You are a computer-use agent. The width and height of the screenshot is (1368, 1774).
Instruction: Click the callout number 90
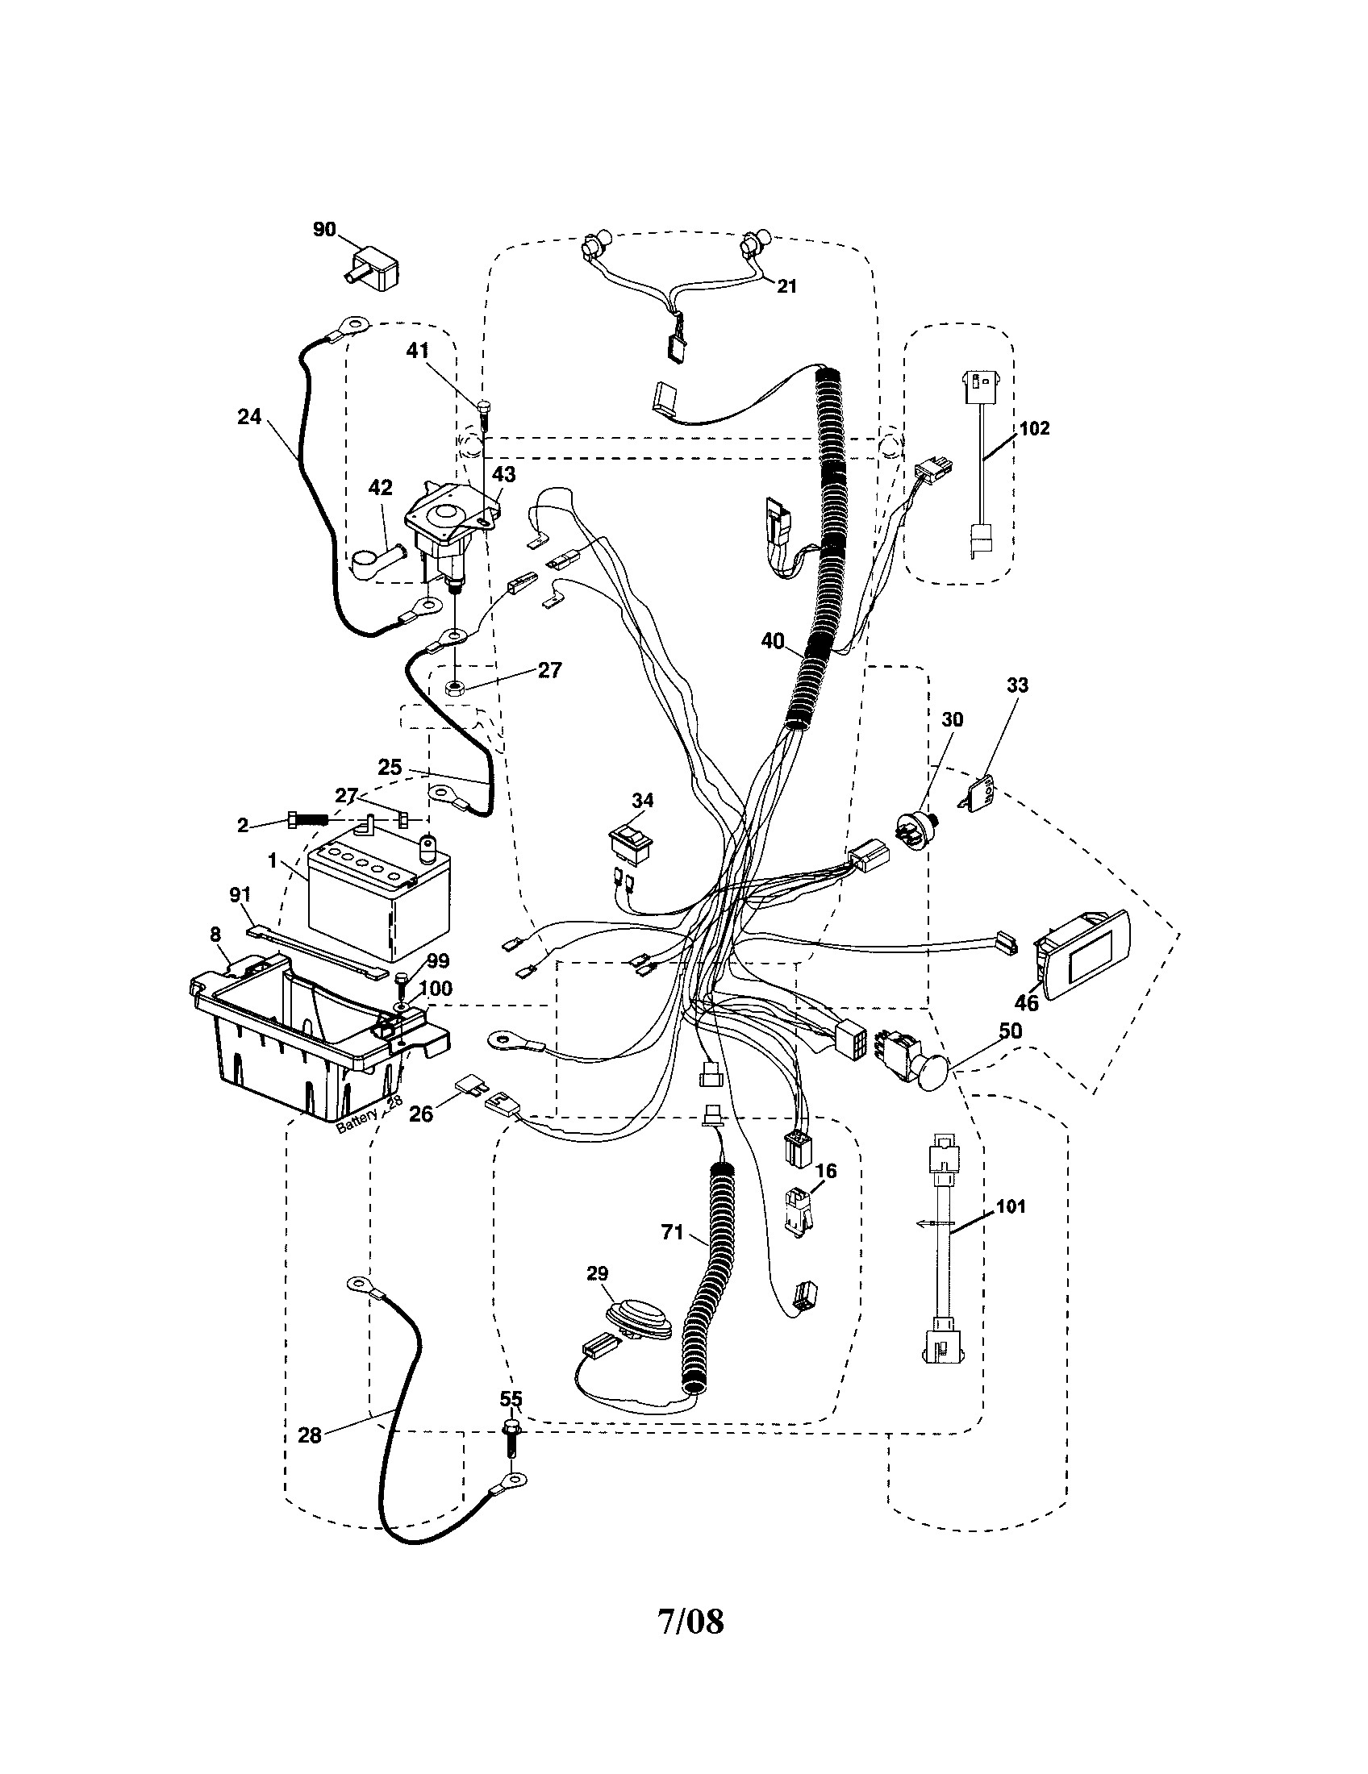(324, 230)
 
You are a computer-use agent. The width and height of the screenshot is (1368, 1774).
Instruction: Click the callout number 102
(1034, 428)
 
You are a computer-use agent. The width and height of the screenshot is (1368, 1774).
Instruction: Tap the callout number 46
(1027, 1003)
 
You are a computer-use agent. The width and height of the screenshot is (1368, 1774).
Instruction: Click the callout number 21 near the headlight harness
(786, 286)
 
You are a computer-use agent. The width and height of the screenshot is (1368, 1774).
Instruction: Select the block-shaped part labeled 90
(373, 267)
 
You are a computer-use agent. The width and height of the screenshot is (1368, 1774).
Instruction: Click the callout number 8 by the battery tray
(215, 935)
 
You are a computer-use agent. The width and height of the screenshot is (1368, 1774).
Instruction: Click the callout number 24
(250, 417)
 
